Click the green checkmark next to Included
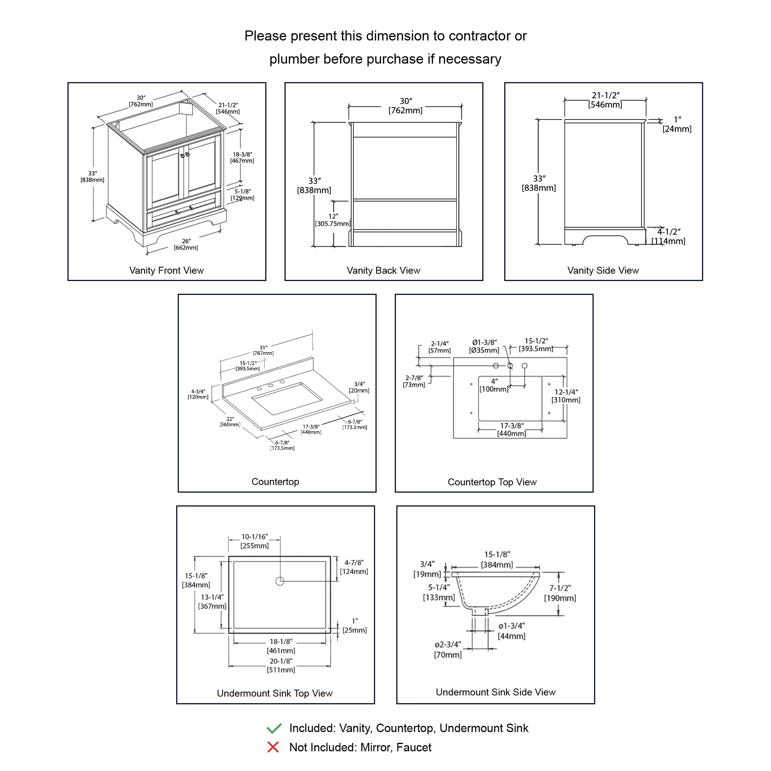click(x=274, y=728)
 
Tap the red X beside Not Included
click(x=273, y=747)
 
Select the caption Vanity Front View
click(x=167, y=270)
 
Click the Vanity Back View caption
click(x=383, y=270)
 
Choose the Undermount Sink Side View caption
click(x=495, y=692)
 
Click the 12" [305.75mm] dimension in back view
click(x=333, y=220)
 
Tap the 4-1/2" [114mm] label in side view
click(x=668, y=236)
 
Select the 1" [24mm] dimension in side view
click(x=677, y=124)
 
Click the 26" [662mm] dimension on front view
click(x=186, y=244)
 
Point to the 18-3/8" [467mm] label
click(x=242, y=157)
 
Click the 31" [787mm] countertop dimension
click(x=263, y=350)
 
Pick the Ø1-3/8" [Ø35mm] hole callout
click(x=484, y=347)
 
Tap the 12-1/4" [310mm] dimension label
click(x=566, y=396)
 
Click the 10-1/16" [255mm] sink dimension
click(x=254, y=541)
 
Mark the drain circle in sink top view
click(x=280, y=581)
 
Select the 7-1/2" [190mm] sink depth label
click(x=560, y=593)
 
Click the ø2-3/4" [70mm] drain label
click(x=448, y=649)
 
